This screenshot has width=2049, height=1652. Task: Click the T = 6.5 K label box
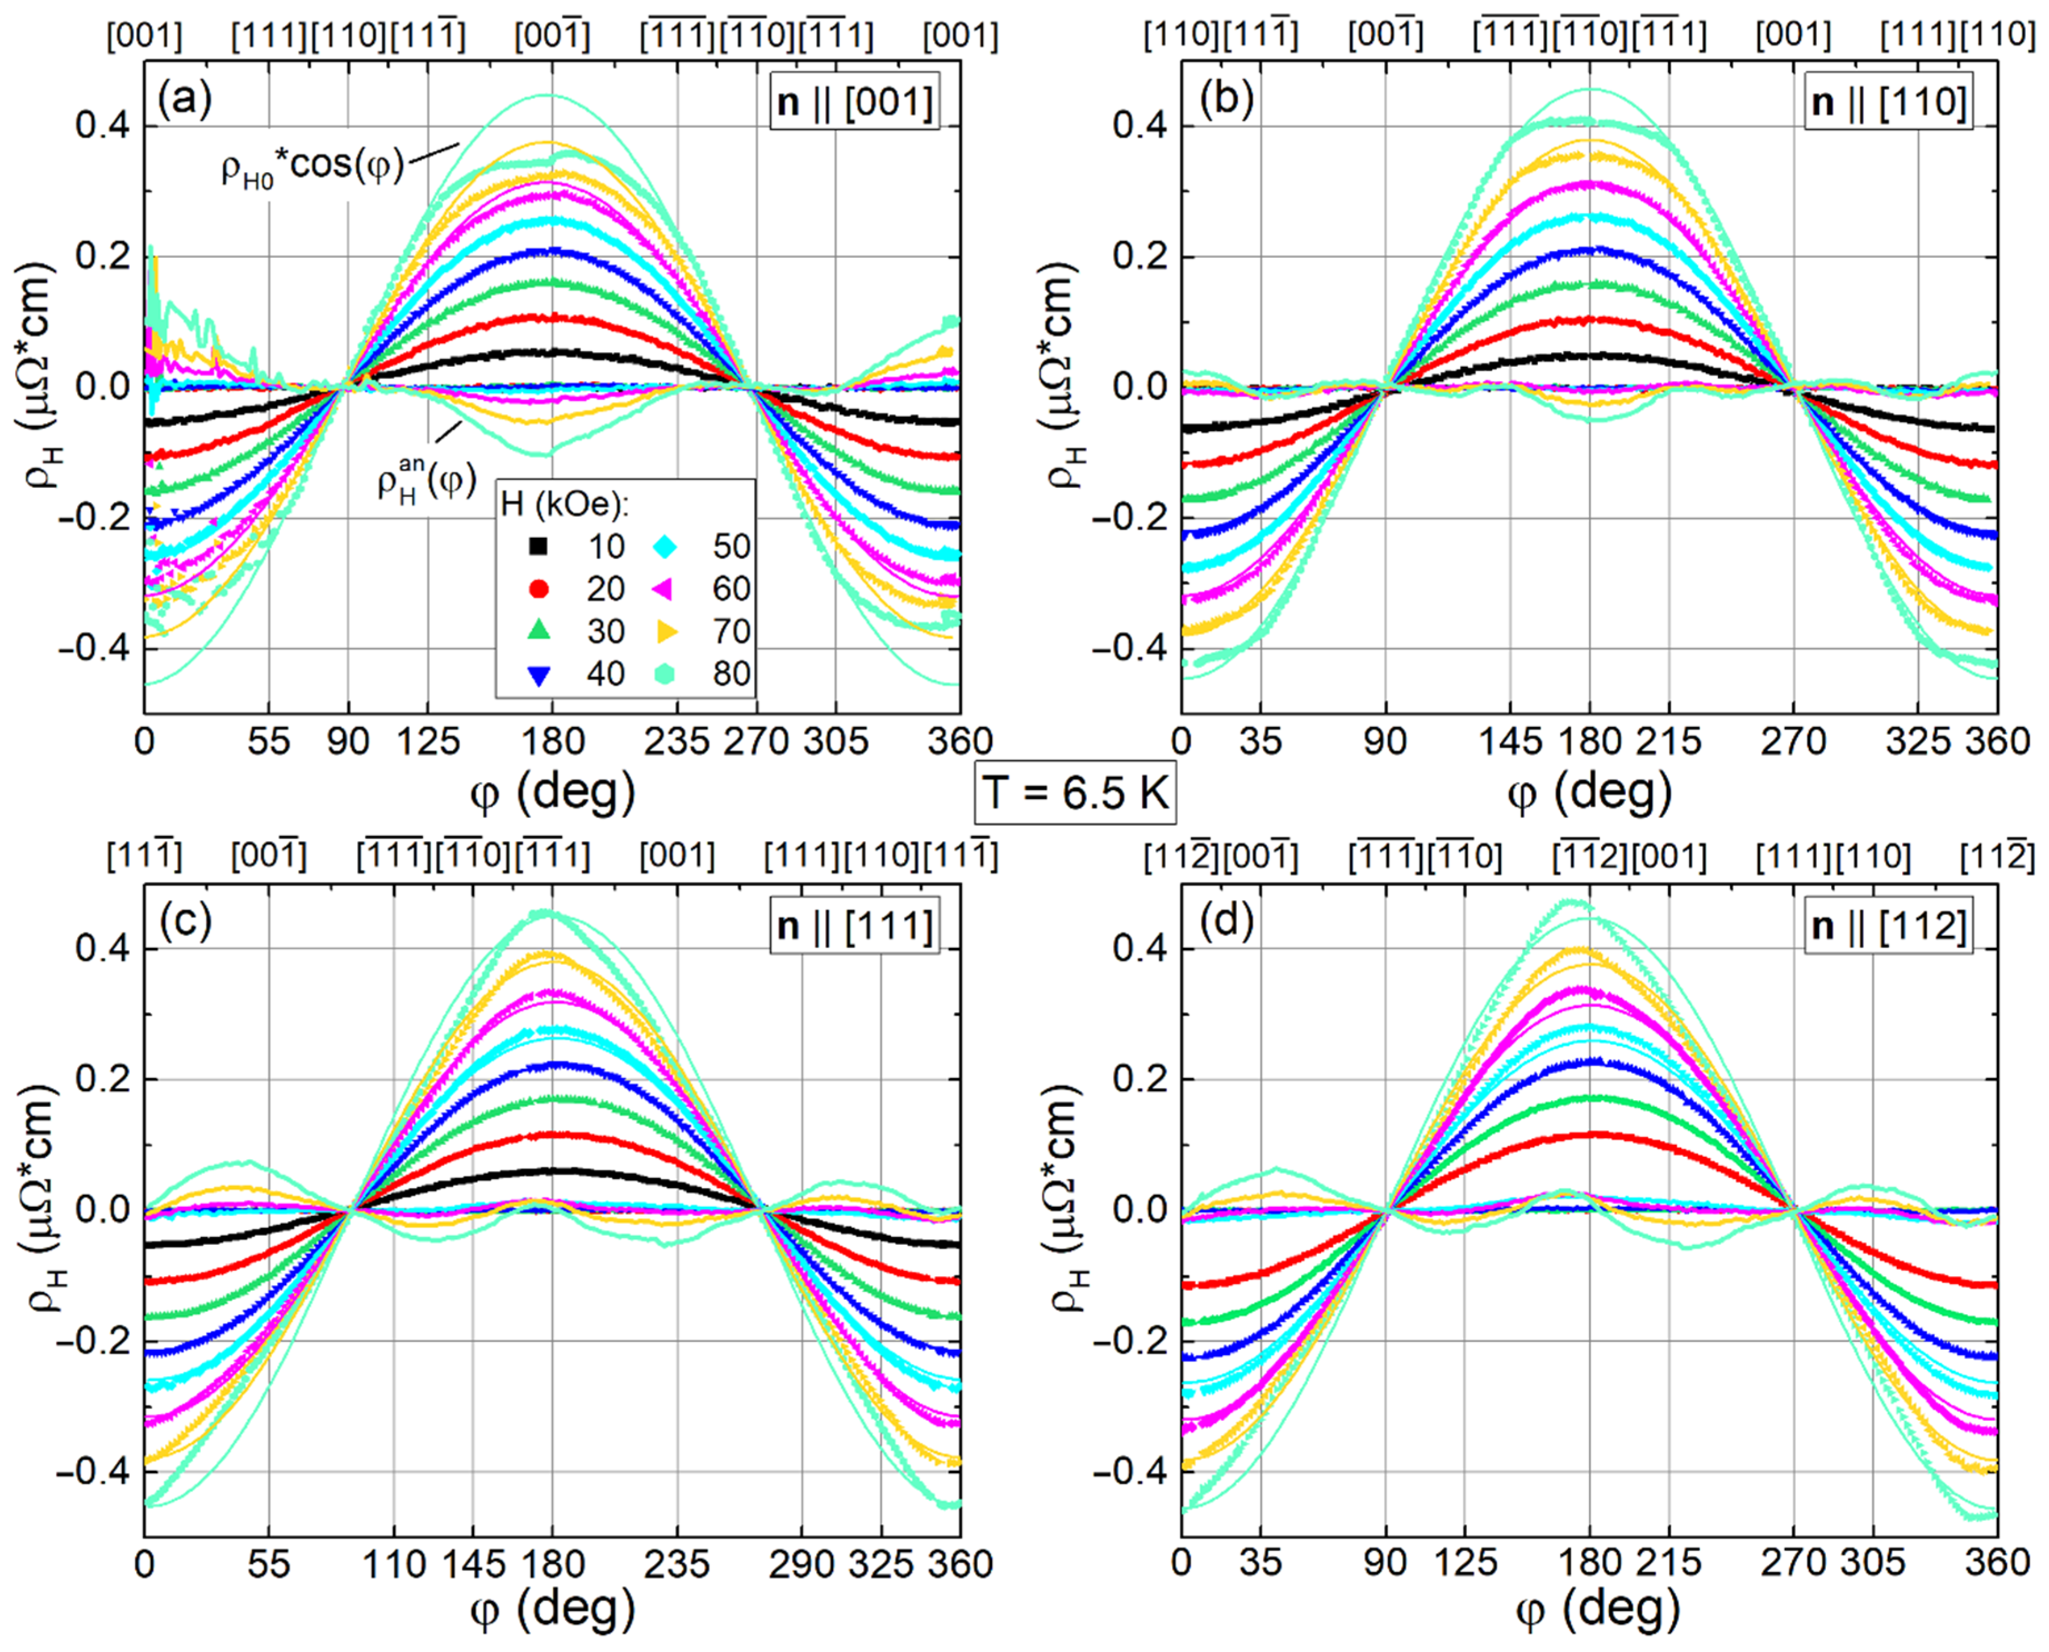point(1075,792)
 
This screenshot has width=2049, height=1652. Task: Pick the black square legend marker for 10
point(538,546)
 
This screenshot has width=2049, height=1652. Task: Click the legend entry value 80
point(731,673)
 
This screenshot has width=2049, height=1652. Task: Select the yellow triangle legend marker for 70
point(666,631)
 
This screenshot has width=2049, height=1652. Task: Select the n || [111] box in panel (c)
point(854,925)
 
